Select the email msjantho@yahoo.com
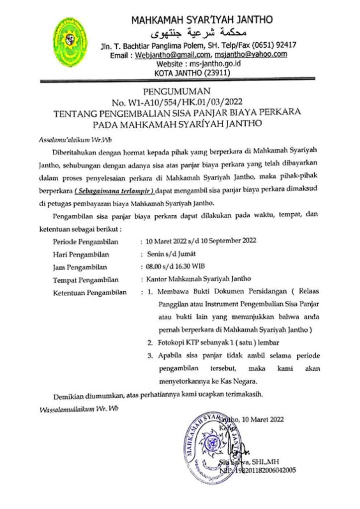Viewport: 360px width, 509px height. point(251,55)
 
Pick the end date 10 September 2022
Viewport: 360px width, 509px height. point(231,242)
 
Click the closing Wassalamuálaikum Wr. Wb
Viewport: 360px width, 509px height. point(79,409)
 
